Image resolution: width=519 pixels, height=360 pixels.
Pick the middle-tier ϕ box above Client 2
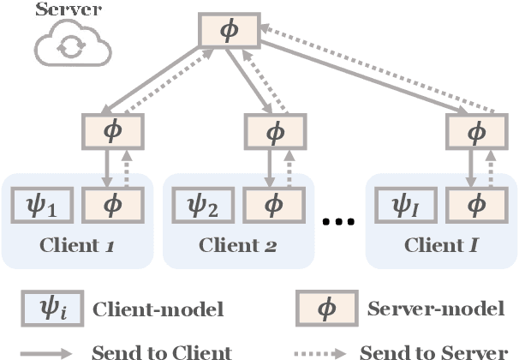point(275,132)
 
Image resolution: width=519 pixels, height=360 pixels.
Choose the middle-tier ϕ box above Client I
point(476,132)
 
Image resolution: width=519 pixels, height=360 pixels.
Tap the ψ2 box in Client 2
point(203,206)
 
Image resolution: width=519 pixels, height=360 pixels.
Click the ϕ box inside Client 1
point(114,206)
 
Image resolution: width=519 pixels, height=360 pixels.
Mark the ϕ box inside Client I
point(476,206)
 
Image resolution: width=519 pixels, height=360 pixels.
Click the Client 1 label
point(77,246)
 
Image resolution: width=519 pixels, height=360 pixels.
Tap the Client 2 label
point(238,246)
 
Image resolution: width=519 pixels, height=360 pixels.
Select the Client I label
point(440,246)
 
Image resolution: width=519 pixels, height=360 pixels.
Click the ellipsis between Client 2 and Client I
point(337,223)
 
